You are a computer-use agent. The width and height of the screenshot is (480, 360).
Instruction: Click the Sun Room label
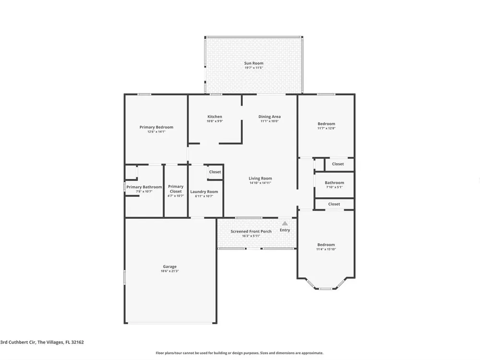(254, 63)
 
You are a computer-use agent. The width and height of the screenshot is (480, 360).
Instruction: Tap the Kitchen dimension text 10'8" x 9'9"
(215, 121)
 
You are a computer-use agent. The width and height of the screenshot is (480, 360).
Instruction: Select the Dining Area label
(269, 116)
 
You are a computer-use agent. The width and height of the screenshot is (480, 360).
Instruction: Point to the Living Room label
(260, 178)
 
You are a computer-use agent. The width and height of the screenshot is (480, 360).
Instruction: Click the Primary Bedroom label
(156, 127)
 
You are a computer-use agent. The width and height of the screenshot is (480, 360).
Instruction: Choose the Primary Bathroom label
(144, 187)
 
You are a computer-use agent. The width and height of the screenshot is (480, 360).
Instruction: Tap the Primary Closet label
(176, 189)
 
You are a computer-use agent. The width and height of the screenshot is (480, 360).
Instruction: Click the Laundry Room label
(204, 192)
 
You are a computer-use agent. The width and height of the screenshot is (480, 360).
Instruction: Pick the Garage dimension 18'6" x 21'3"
(169, 271)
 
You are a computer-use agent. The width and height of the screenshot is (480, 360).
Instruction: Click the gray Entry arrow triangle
(285, 224)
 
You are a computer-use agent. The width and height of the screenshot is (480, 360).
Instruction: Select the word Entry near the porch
(285, 230)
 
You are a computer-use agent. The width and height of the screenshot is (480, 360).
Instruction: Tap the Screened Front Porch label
(251, 231)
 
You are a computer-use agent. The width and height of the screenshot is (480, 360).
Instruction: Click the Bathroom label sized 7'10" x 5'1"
(334, 182)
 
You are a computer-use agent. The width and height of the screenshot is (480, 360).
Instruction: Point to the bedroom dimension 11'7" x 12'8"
(326, 128)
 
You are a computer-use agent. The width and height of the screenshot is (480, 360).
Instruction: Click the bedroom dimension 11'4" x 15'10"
(326, 249)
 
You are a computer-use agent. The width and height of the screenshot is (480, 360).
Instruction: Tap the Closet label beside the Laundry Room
(215, 172)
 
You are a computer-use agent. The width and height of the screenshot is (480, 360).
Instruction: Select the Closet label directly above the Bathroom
(338, 164)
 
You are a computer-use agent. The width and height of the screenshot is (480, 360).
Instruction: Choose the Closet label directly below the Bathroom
(334, 204)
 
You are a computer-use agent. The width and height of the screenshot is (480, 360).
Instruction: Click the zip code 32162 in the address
(77, 342)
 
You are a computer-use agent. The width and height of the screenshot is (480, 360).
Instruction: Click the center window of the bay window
(326, 288)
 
